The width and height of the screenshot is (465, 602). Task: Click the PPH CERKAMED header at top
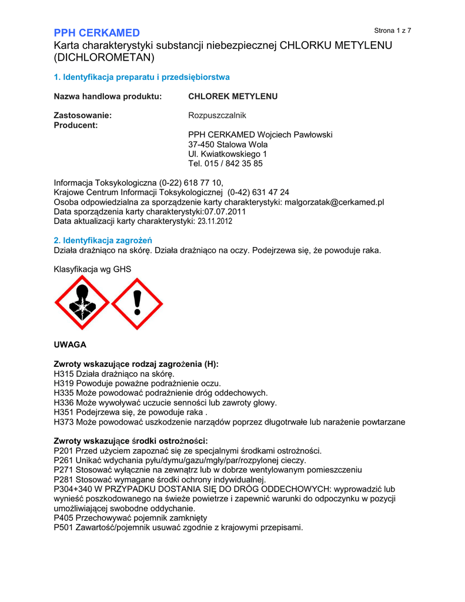click(x=96, y=32)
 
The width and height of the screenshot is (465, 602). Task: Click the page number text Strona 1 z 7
click(x=392, y=31)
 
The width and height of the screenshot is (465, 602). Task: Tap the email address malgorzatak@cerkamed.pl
click(x=334, y=202)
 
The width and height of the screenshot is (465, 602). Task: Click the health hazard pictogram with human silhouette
click(x=82, y=304)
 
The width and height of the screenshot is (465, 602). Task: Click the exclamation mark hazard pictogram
click(x=137, y=304)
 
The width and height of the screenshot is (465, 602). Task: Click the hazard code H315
click(x=63, y=373)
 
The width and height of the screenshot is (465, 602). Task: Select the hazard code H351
click(x=63, y=412)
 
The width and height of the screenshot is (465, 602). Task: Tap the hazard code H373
click(x=63, y=422)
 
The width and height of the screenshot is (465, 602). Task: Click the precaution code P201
click(x=63, y=450)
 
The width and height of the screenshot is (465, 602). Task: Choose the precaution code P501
click(x=63, y=527)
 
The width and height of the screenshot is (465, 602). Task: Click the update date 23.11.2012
click(x=215, y=222)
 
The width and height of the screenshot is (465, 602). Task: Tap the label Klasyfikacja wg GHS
click(x=92, y=269)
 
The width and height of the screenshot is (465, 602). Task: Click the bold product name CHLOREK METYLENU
click(x=232, y=96)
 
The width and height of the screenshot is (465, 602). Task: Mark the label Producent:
click(x=76, y=125)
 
